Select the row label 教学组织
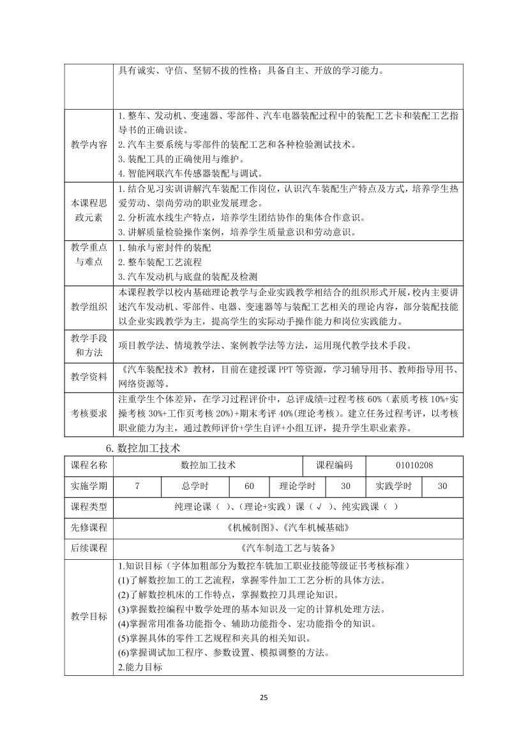click(89, 307)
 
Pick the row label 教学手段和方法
click(89, 346)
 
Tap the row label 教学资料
click(89, 377)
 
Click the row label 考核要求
click(89, 413)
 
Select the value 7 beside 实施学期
click(137, 486)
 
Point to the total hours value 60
click(249, 486)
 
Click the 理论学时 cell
click(298, 486)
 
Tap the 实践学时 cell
click(393, 486)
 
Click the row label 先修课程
click(89, 528)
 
